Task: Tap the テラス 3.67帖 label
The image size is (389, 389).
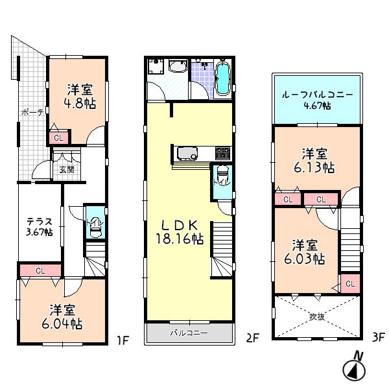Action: point(40,226)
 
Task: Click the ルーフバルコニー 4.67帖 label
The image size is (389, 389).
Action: point(316,99)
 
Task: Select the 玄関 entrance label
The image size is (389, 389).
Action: point(66,170)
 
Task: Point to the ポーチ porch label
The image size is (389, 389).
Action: point(32,112)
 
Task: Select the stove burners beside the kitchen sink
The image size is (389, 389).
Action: point(222,154)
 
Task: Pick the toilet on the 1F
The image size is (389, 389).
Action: point(95,224)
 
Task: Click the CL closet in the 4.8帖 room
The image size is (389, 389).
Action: point(58,137)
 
